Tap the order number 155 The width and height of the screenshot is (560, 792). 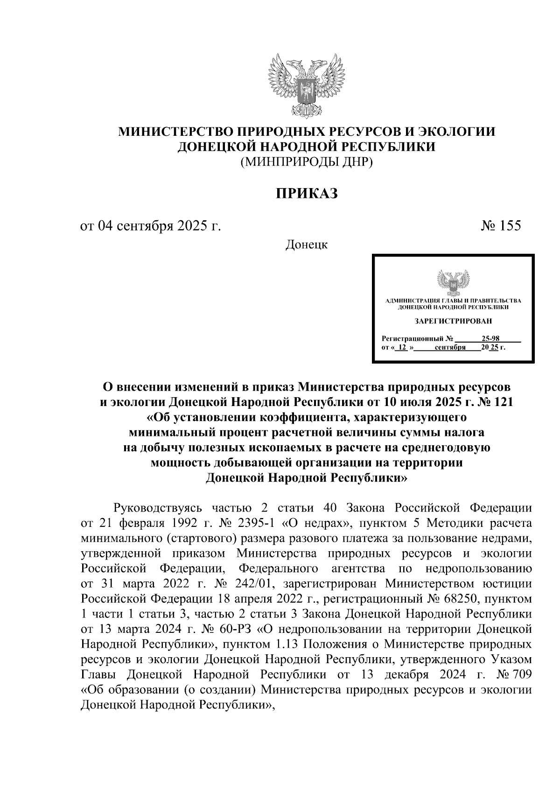click(x=510, y=226)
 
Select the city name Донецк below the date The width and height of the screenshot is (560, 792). click(x=306, y=245)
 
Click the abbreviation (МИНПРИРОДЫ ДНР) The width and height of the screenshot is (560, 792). click(x=306, y=162)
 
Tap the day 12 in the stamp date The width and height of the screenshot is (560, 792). click(x=402, y=348)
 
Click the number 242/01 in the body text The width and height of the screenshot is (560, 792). click(x=254, y=583)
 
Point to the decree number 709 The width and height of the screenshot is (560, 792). click(x=521, y=674)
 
